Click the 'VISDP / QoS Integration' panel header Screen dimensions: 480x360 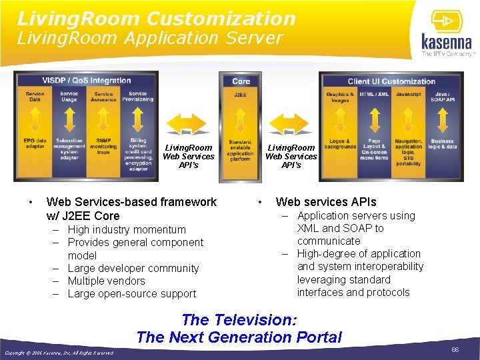[87, 81]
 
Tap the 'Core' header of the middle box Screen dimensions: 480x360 [241, 81]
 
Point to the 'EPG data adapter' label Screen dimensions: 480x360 [35, 143]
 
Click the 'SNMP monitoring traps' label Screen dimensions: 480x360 [103, 147]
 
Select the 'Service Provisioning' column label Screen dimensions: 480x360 [138, 97]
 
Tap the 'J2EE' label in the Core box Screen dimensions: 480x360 [241, 95]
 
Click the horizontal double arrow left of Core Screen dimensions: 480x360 [188, 124]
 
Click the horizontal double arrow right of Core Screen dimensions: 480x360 [291, 124]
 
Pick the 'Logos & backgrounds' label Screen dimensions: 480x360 [340, 144]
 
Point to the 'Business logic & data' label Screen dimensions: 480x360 [442, 144]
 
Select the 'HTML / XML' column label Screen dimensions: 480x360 [374, 95]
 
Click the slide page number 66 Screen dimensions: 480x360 [455, 349]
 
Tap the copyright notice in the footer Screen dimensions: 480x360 [59, 353]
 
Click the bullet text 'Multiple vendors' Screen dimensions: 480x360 [106, 281]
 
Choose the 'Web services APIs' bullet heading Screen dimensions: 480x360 [326, 202]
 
